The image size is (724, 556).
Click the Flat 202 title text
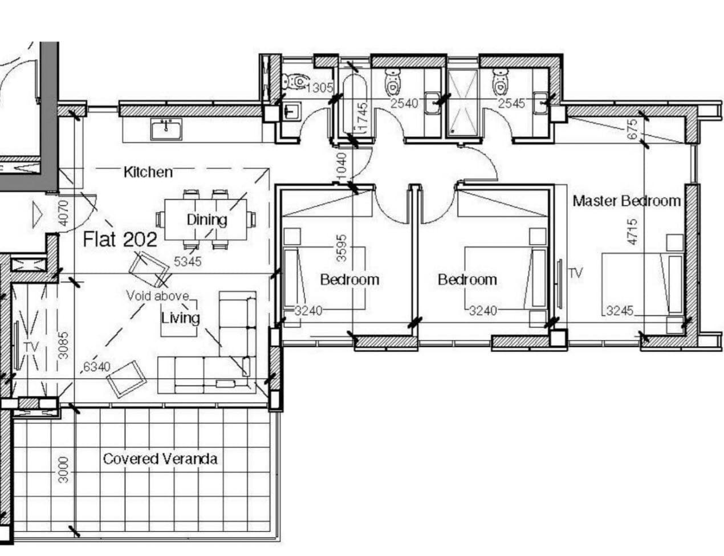(120, 240)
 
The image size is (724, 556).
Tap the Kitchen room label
(148, 172)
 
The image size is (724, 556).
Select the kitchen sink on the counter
(166, 129)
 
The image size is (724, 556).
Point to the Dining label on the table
(207, 220)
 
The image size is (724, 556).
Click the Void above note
(157, 296)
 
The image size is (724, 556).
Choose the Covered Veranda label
(160, 459)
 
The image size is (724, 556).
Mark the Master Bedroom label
(627, 201)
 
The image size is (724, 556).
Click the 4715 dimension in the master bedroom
(633, 232)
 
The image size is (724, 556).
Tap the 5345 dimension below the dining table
(188, 262)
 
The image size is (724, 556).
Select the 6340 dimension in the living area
(96, 367)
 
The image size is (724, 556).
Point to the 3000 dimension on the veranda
(63, 470)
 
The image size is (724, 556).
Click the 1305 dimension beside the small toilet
(319, 88)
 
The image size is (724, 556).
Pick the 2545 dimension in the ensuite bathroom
(511, 104)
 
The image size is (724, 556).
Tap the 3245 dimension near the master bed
(619, 311)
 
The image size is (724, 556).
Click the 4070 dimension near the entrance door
(63, 213)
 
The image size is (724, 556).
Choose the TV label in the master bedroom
(576, 274)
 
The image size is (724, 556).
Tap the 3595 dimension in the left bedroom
(342, 248)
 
